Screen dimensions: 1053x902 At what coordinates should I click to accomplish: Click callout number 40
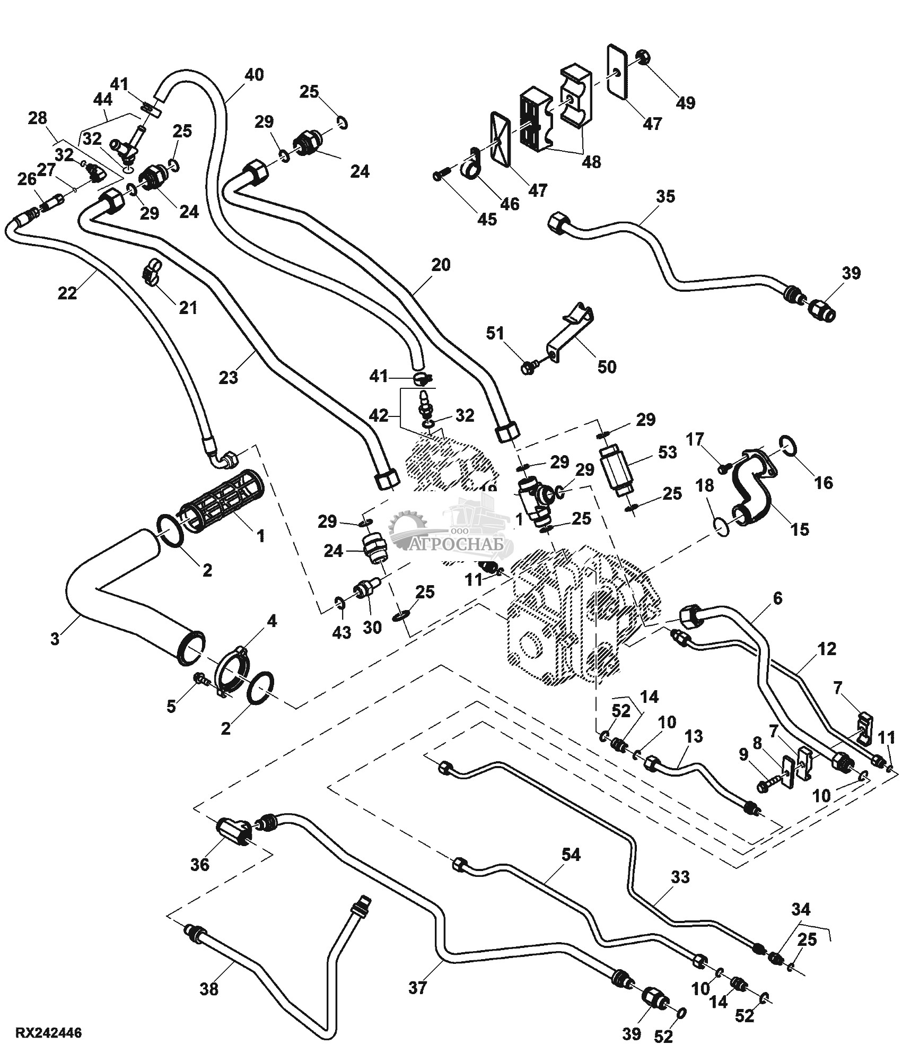click(x=253, y=75)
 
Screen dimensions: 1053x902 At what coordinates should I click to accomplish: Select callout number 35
click(x=665, y=196)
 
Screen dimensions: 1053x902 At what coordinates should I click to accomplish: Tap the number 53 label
click(x=668, y=452)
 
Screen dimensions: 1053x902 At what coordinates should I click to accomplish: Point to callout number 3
click(x=55, y=639)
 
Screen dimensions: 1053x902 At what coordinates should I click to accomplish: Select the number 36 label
click(x=200, y=864)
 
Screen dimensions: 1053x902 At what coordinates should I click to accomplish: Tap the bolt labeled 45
click(x=441, y=175)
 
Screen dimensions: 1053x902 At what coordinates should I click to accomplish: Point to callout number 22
click(x=67, y=293)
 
